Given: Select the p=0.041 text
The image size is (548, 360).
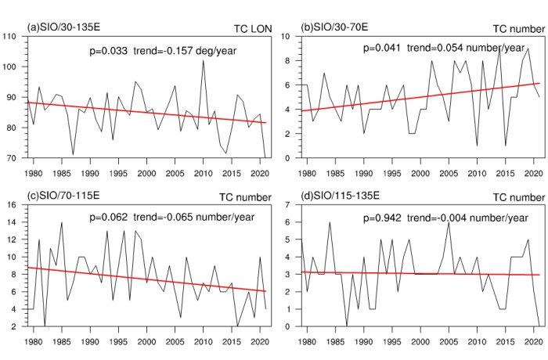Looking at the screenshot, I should (x=382, y=48).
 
